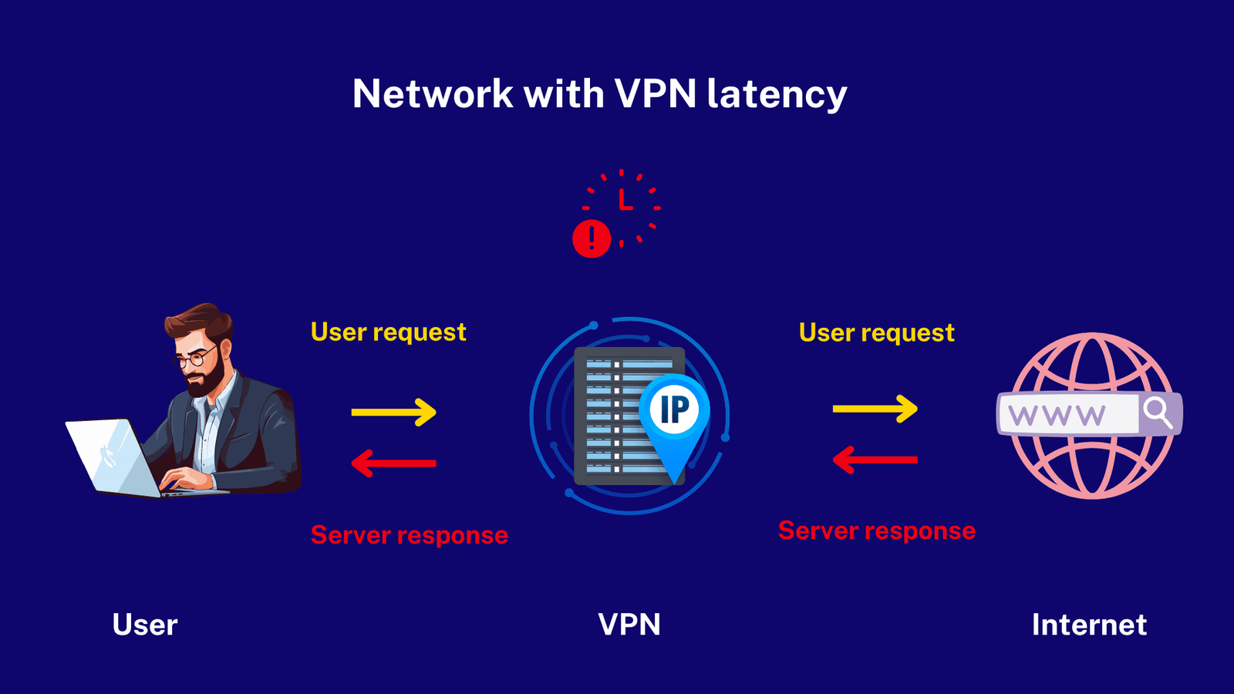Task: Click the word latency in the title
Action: pos(777,94)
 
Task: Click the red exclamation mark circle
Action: pos(592,238)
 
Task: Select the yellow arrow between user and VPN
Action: pos(393,412)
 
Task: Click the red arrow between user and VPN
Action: pos(393,463)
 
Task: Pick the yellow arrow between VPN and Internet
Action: pos(875,408)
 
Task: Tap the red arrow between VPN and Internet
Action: pos(875,460)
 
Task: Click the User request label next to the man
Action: pos(388,332)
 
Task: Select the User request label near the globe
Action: pos(876,332)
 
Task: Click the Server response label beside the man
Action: pos(409,535)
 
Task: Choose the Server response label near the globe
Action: pos(876,531)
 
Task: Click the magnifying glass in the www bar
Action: pos(1158,413)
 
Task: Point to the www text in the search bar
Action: pos(1057,416)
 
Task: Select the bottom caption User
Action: pos(145,625)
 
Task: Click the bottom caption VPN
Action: pos(629,625)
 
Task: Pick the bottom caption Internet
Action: pos(1089,625)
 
